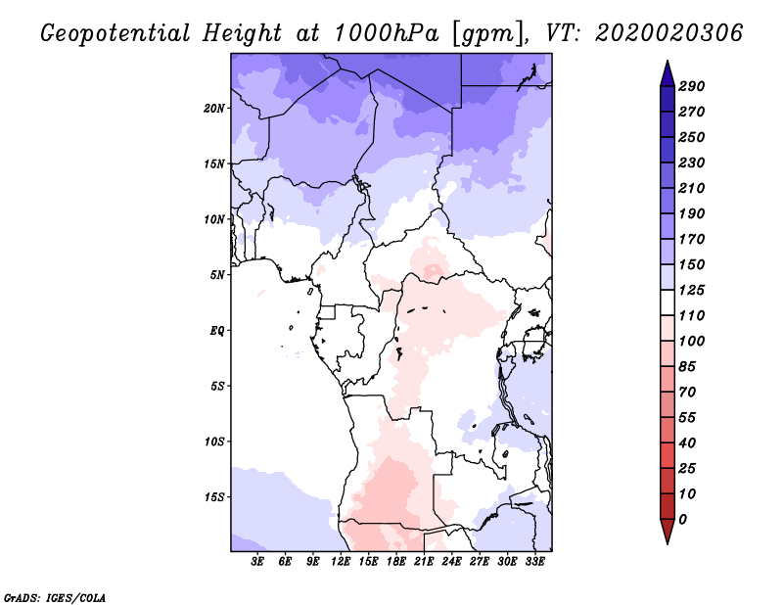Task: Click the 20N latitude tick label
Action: [214, 108]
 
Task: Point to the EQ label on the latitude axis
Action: [216, 330]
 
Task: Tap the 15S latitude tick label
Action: [214, 496]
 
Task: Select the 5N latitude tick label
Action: [217, 275]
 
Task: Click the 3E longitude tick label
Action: [258, 562]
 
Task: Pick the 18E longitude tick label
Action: [396, 562]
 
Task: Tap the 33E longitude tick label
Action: [534, 562]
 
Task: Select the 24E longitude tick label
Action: [451, 562]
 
